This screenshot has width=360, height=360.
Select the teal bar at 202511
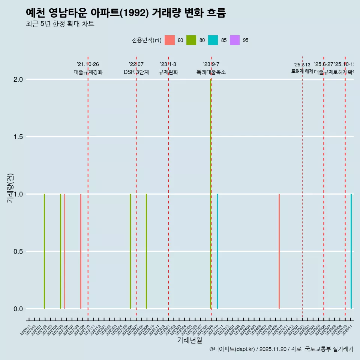(351, 251)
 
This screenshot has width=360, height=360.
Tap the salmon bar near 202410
(279, 251)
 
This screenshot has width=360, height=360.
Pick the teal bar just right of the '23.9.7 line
(217, 251)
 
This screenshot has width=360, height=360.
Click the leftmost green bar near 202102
(44, 251)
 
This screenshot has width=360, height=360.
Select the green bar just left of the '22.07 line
(130, 251)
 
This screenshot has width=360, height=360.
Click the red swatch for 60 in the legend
(170, 40)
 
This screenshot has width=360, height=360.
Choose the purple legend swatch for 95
(235, 40)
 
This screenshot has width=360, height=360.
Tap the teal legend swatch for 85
(213, 40)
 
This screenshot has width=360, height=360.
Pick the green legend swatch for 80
(191, 40)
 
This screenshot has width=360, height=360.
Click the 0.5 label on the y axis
(18, 252)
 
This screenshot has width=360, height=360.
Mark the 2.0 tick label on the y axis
(18, 79)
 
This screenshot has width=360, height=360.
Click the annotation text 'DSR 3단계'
(136, 72)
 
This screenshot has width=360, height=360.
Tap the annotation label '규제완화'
(168, 72)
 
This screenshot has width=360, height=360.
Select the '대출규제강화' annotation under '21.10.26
(88, 72)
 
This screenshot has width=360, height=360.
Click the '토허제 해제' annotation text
(302, 71)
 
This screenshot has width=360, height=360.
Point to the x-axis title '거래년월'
(189, 340)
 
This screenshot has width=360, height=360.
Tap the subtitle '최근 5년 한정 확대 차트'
(60, 24)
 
